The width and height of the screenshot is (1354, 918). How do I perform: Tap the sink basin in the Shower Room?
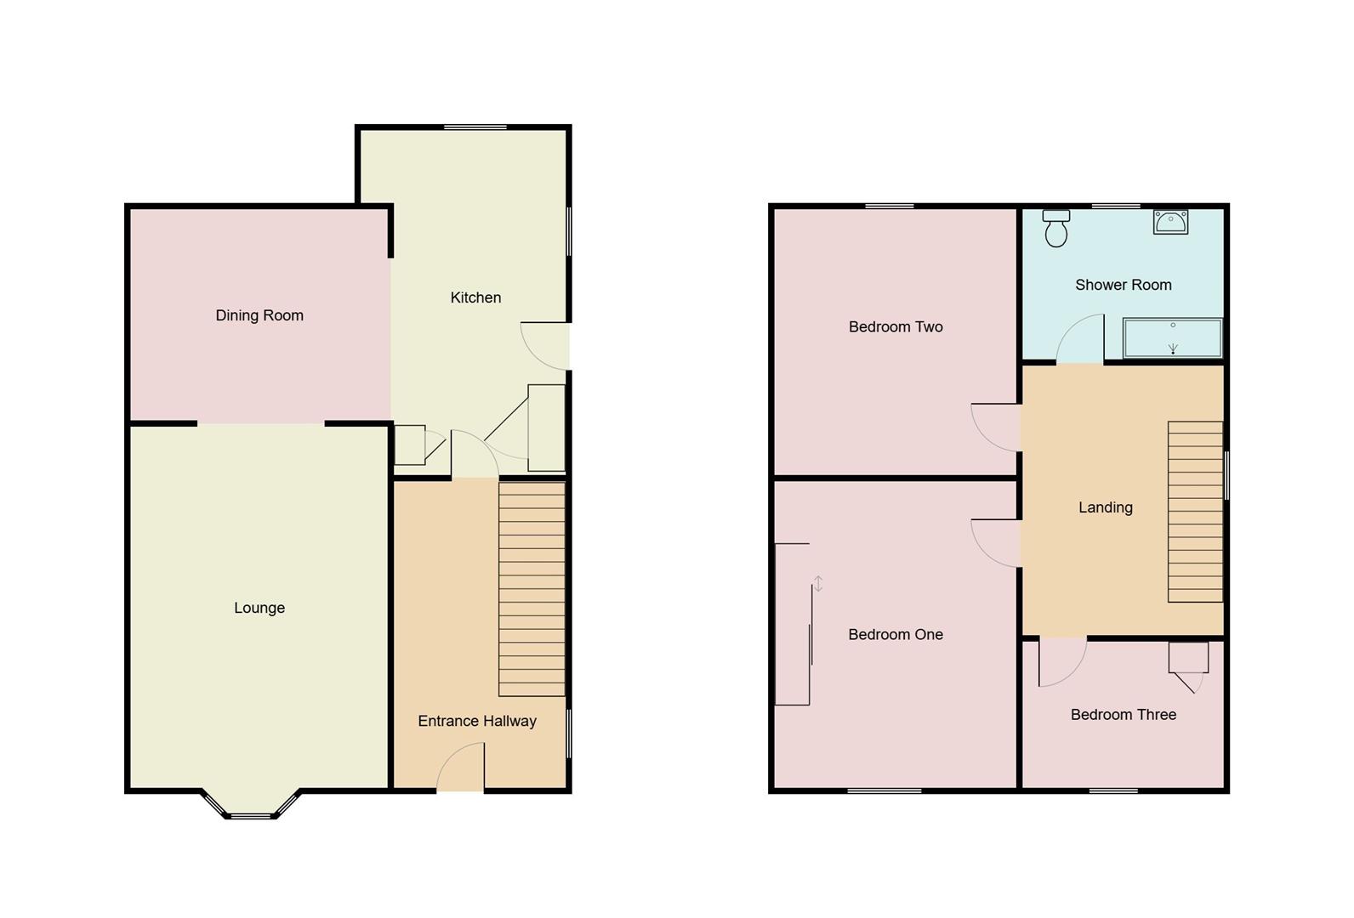point(1170,222)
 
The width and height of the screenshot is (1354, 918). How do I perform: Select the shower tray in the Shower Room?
point(1172,338)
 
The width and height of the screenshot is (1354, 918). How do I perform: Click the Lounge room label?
point(259,608)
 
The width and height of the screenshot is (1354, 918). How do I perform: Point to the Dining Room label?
point(259,315)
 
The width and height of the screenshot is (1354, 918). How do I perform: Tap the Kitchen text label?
point(475,297)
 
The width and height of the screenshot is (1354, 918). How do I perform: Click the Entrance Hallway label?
point(477,721)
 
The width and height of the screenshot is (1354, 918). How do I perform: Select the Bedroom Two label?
point(896,326)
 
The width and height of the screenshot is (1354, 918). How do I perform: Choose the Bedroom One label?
point(896,634)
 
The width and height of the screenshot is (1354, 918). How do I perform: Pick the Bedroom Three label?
point(1123,715)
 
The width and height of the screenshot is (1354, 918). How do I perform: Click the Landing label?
point(1105,507)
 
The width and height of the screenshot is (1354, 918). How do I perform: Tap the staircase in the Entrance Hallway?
point(532,588)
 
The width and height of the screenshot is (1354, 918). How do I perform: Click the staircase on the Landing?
point(1195,512)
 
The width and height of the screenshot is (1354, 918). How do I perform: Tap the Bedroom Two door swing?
point(996,427)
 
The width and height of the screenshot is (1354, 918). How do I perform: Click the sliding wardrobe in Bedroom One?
point(793,624)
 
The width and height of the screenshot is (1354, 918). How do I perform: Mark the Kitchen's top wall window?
point(475,127)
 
